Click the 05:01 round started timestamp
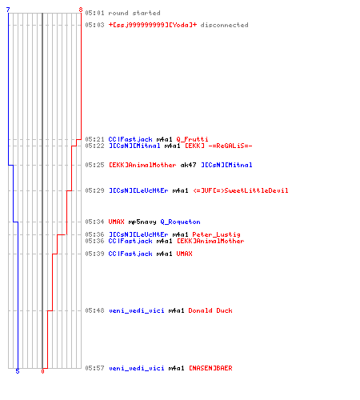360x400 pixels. pos(94,13)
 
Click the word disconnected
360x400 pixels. pos(224,25)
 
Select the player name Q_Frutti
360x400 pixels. pos(192,139)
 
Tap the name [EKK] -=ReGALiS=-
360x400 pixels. pos(218,146)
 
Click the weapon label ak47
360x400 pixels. pos(188,165)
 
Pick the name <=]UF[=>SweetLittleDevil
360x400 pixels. pos(241,190)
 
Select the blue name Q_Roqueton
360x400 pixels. pos(180,222)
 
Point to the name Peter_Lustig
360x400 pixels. pos(216,234)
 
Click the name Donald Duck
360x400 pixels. pos(210,310)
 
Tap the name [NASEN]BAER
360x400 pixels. pos(210,368)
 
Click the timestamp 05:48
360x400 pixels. pos(94,310)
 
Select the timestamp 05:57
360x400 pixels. pos(94,368)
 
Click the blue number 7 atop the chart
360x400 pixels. pos(8,10)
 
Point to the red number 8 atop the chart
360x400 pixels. pos(81,10)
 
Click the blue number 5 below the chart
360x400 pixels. pos(18,371)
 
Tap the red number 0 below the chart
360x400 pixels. pos(42,371)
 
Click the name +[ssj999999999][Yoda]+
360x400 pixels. pos(153,25)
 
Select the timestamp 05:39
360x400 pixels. pos(94,254)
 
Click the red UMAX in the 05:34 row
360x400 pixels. pos(116,222)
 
